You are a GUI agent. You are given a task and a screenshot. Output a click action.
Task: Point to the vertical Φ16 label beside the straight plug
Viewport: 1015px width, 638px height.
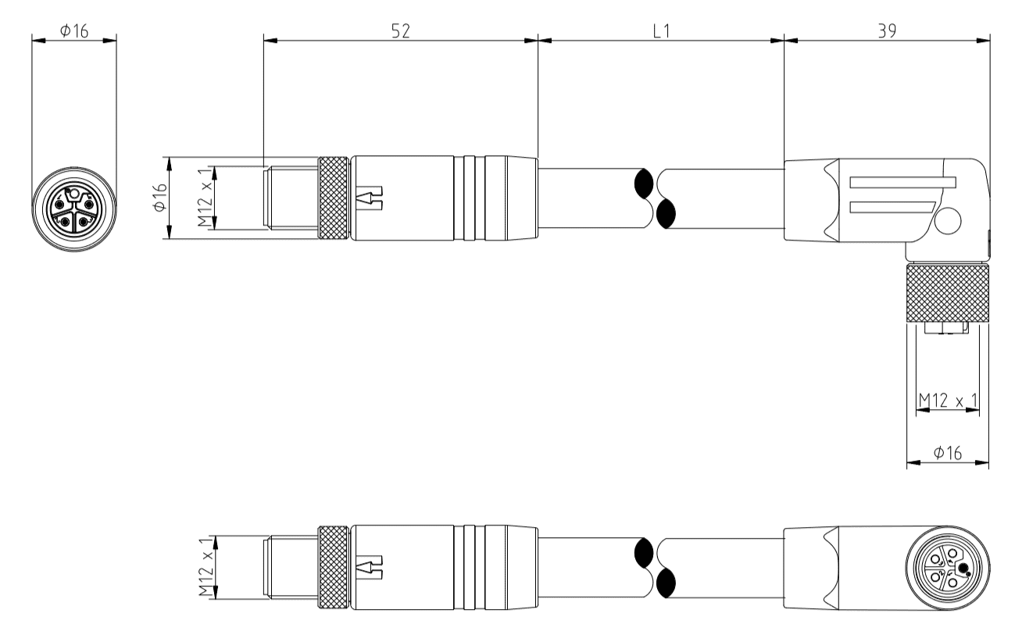159,197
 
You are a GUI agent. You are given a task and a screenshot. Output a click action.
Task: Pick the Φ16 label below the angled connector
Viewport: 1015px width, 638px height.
946,453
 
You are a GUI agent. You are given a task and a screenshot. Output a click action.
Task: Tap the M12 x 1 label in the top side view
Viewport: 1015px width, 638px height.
206,198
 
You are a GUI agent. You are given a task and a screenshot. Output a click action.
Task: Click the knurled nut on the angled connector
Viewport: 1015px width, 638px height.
947,294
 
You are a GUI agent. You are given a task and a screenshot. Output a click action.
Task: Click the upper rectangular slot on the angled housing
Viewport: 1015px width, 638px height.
902,183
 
